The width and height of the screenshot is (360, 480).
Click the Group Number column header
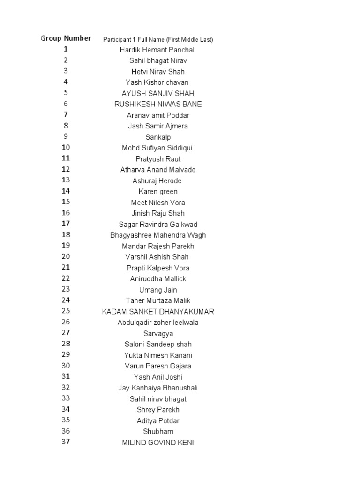click(66, 38)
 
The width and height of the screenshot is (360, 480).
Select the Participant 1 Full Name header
click(158, 39)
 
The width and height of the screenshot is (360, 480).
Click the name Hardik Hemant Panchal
click(157, 50)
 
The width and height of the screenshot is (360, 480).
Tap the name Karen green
click(158, 192)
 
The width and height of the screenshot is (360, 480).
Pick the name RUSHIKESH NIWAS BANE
click(158, 104)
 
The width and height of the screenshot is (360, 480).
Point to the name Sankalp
click(158, 137)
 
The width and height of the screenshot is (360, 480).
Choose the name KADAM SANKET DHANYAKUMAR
click(158, 312)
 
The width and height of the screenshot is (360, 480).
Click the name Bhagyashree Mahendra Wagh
click(158, 235)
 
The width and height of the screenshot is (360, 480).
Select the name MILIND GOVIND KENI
click(158, 442)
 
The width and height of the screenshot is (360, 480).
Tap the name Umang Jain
click(158, 290)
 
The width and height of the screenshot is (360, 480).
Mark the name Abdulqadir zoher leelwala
click(158, 322)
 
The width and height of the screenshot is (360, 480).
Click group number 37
click(66, 442)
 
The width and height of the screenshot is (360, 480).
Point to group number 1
click(66, 49)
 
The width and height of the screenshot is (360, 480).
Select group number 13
click(66, 180)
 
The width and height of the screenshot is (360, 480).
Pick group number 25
click(66, 311)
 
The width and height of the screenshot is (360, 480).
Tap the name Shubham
click(158, 432)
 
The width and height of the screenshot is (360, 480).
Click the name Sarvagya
click(158, 333)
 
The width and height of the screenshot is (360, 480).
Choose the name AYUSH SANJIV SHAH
click(158, 93)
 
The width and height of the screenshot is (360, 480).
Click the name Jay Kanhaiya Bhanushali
click(158, 388)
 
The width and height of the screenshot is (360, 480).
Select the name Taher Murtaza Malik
click(158, 301)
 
